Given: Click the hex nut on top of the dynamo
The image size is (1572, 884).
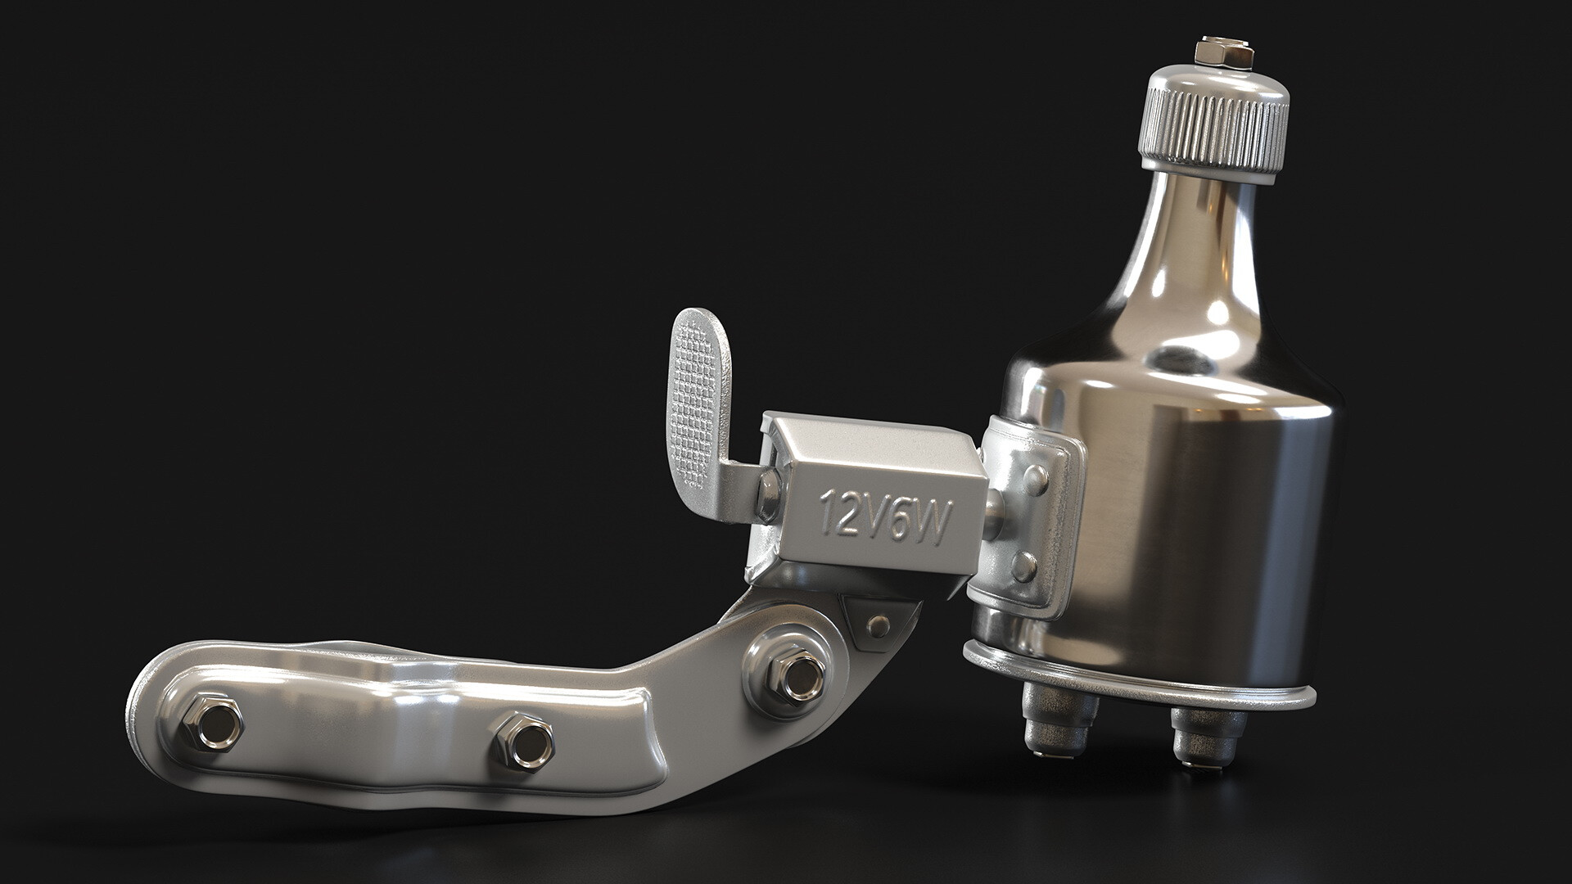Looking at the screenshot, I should click(1224, 52).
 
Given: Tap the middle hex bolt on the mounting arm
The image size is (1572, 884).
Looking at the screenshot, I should click(524, 739).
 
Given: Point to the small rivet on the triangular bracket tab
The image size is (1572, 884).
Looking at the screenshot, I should click(880, 625).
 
